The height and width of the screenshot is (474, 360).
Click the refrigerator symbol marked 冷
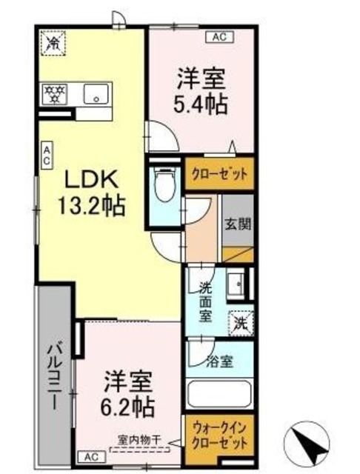pos(53,43)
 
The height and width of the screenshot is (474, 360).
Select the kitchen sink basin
pos(96,94)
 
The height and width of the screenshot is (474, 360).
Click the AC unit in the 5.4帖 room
pos(219,35)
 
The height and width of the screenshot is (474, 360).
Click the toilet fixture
pos(163,181)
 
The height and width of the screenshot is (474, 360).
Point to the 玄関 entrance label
pos(239,224)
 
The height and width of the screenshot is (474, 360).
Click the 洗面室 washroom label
pos(204,302)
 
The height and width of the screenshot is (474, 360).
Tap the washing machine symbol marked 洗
pos(241,323)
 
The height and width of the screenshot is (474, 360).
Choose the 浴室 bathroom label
pos(220,362)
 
